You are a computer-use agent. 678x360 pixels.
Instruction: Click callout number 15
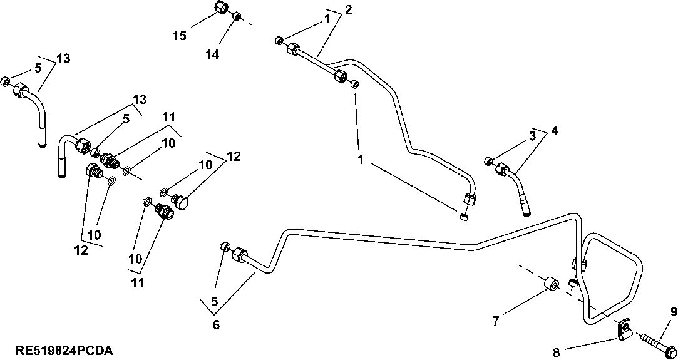[180, 36]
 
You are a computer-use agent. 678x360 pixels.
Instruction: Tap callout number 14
[212, 54]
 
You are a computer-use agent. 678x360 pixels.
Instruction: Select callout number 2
[348, 10]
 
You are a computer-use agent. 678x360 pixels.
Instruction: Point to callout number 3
[532, 135]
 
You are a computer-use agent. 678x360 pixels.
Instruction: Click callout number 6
[216, 324]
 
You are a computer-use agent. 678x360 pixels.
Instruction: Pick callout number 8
[556, 352]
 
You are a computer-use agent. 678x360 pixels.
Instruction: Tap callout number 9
[674, 311]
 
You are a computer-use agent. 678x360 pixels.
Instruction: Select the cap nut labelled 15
[220, 8]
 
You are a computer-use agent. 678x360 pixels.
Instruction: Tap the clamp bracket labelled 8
[624, 330]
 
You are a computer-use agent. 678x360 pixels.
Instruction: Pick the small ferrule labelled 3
[489, 162]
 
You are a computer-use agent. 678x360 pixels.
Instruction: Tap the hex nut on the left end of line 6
[239, 255]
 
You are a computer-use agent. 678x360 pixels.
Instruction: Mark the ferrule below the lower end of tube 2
[464, 217]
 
